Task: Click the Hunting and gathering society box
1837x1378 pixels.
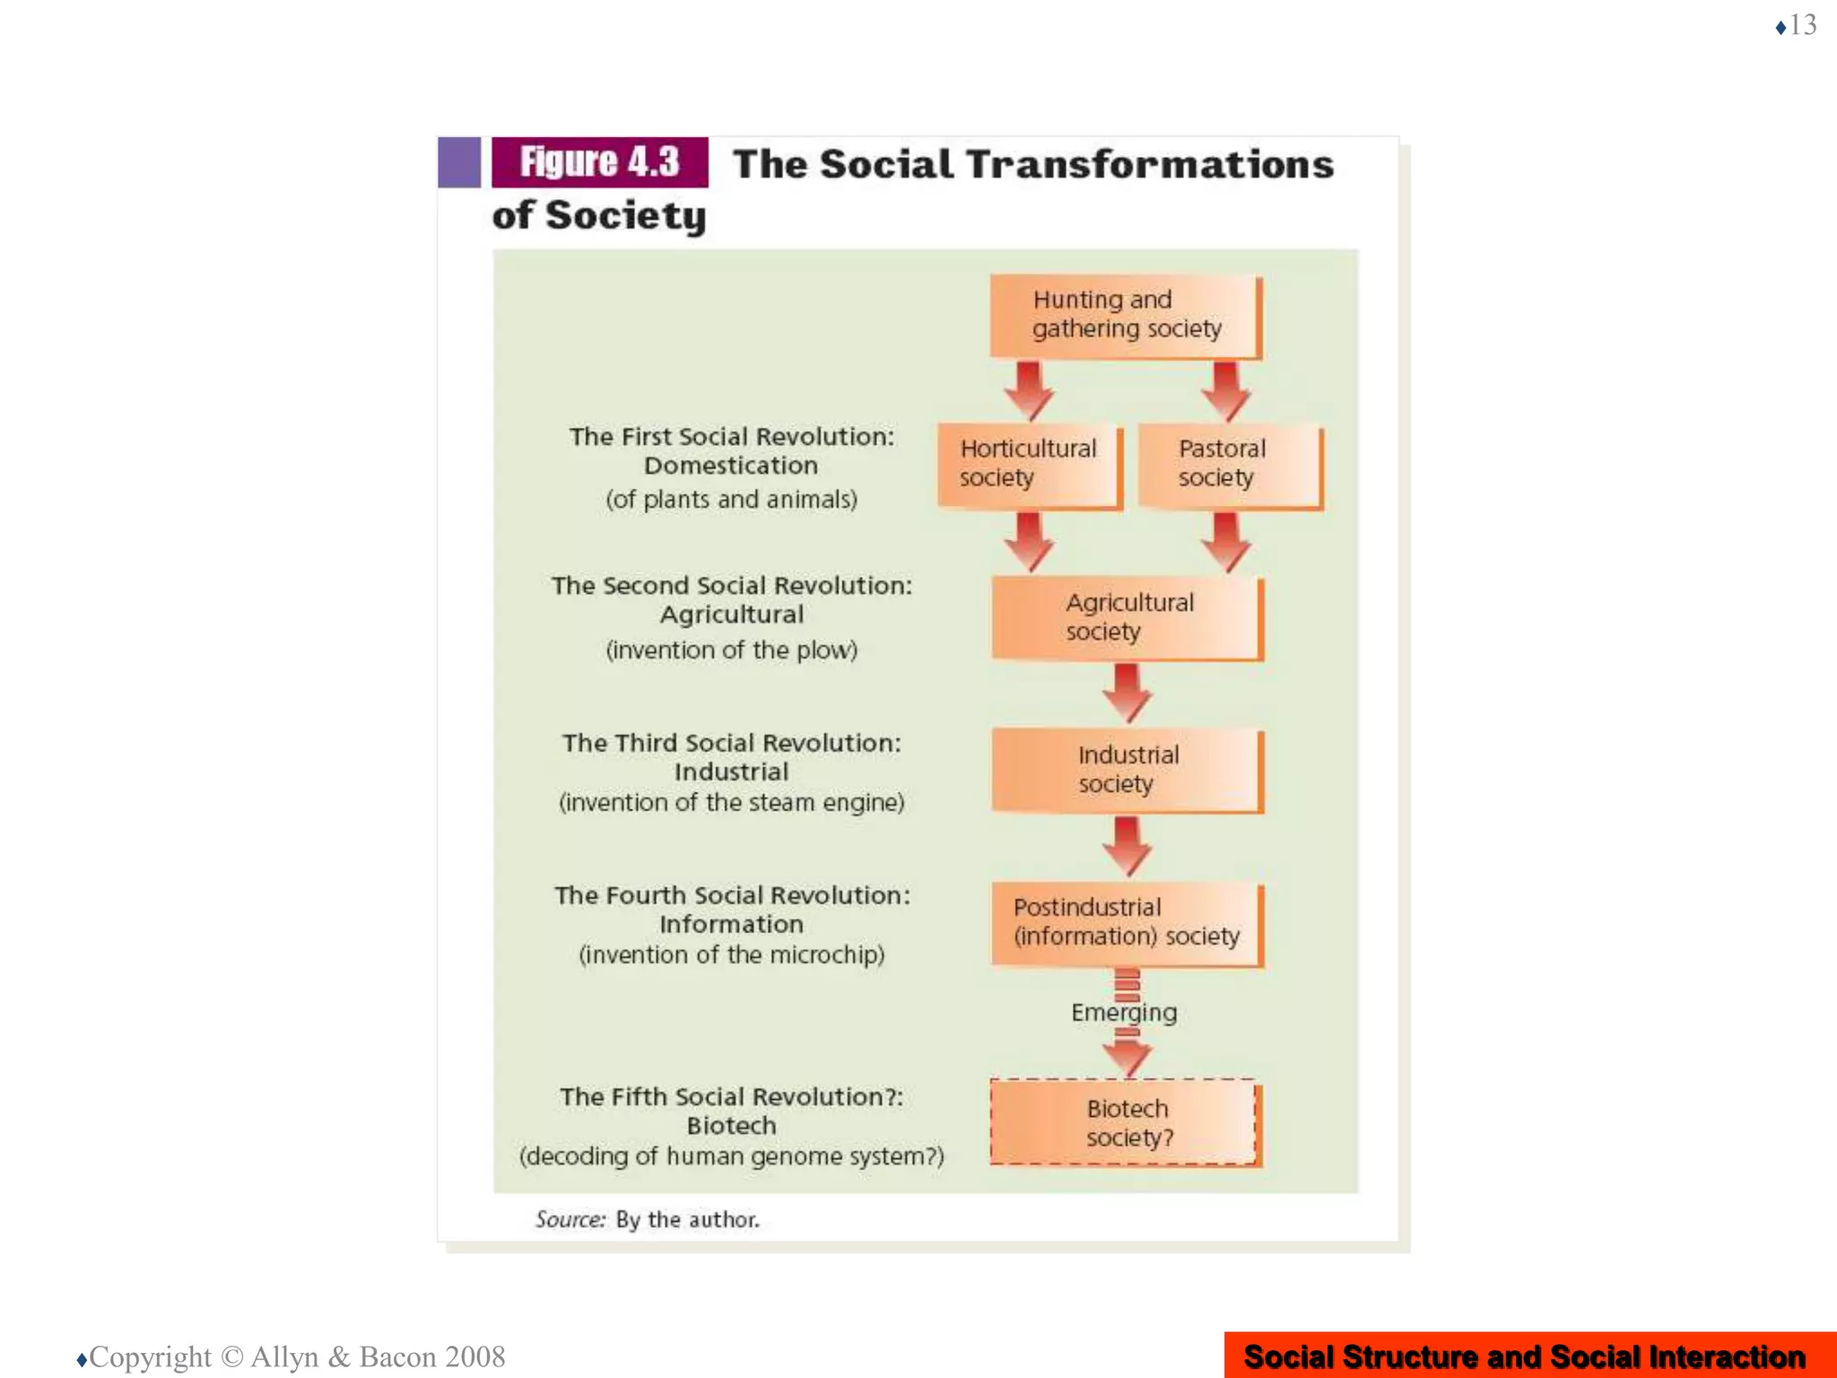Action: click(x=1125, y=315)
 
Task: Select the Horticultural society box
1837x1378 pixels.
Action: click(x=1029, y=464)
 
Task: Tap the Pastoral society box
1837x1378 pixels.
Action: click(x=1229, y=464)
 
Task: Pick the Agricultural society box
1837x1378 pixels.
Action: click(x=1127, y=617)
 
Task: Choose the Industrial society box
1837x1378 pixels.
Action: click(x=1127, y=770)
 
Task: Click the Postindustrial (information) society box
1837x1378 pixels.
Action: click(x=1127, y=922)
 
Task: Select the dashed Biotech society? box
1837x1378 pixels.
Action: click(x=1125, y=1122)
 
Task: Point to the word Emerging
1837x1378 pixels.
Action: click(x=1124, y=1013)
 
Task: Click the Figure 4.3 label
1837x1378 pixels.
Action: click(x=599, y=162)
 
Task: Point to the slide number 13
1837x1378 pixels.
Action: click(x=1802, y=25)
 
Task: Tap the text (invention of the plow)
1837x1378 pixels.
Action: click(x=731, y=650)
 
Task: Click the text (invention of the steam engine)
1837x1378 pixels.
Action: click(x=731, y=802)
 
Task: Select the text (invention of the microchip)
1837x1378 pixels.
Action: click(x=731, y=955)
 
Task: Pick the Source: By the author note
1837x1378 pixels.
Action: click(x=647, y=1219)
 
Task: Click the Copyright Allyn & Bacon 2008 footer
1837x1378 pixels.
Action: click(x=296, y=1356)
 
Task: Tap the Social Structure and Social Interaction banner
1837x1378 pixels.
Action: click(x=1524, y=1356)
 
